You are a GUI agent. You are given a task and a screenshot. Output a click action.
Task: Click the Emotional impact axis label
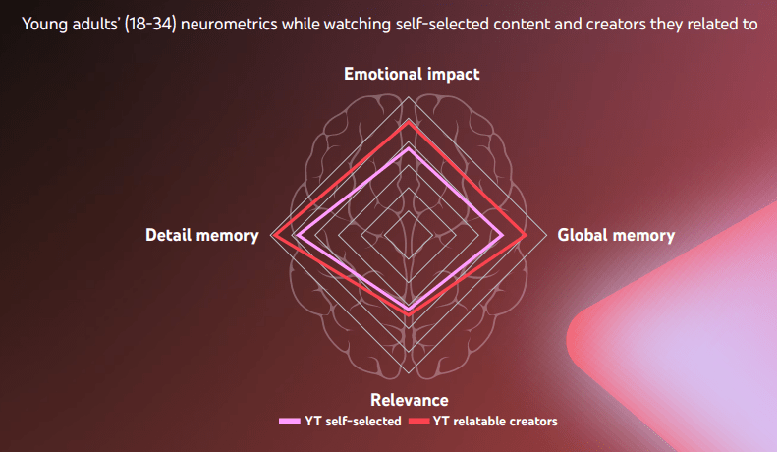412,74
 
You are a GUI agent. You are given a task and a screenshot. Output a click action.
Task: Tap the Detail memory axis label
202,235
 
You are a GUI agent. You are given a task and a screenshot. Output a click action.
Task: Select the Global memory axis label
616,235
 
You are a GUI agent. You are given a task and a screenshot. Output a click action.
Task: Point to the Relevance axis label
410,399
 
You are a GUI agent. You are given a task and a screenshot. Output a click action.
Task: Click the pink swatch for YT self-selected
290,422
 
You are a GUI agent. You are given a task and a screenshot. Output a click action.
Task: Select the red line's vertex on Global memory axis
527,235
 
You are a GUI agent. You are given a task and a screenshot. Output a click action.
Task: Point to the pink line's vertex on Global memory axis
504,235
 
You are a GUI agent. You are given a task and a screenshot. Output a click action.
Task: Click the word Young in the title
43,23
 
